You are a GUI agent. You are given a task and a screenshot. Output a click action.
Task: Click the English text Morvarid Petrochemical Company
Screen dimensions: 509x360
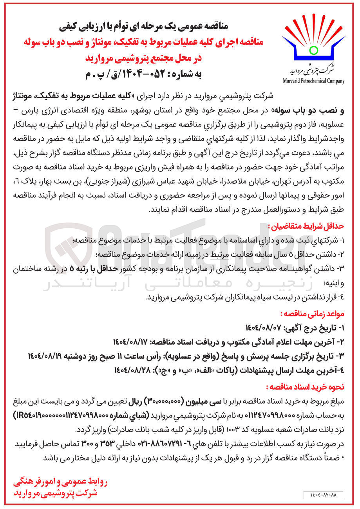[x=313, y=81]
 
